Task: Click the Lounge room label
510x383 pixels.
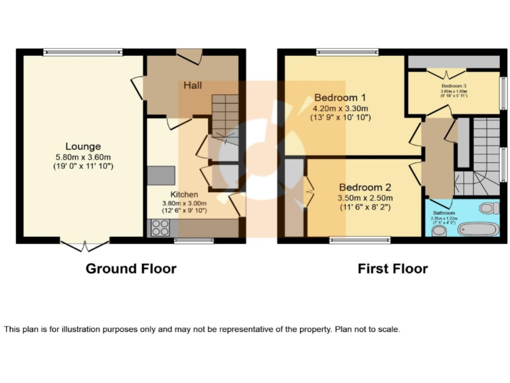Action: click(x=83, y=146)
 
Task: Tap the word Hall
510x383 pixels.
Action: click(x=194, y=86)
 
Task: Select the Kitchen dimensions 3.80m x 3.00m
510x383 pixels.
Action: click(x=184, y=203)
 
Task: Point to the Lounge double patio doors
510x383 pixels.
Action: click(x=83, y=246)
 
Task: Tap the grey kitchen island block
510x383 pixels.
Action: click(x=160, y=175)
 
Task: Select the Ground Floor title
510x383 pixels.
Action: click(x=131, y=269)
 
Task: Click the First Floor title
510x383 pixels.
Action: click(x=392, y=269)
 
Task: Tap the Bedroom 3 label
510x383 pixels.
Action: click(x=454, y=86)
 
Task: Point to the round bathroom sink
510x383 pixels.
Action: click(x=438, y=231)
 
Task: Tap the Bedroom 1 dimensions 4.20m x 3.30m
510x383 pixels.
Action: click(x=341, y=108)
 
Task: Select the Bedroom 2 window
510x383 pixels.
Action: click(x=352, y=241)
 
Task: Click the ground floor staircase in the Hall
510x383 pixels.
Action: click(x=224, y=116)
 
